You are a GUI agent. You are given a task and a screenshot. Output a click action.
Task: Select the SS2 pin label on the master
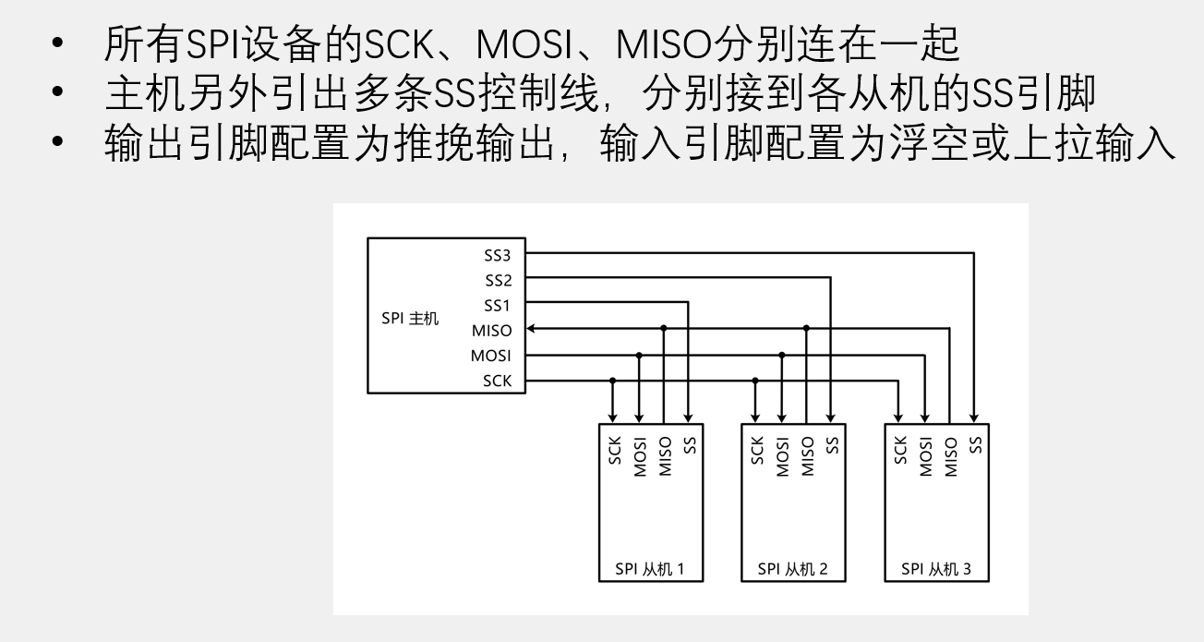coord(498,280)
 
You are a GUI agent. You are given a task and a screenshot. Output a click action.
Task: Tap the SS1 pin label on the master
coord(498,305)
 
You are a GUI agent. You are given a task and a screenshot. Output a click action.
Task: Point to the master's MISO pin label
coord(491,331)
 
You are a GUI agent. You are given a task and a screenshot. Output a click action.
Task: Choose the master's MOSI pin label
coord(491,356)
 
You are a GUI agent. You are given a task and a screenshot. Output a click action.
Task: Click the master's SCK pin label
coord(497,381)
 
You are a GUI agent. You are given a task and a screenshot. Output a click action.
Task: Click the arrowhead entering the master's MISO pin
coord(532,328)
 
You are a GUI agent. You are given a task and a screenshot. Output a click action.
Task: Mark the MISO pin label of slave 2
coord(807,455)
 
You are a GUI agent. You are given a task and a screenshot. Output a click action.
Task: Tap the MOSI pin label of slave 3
coord(925,455)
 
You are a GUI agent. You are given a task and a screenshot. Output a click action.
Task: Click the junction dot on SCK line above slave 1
coord(613,381)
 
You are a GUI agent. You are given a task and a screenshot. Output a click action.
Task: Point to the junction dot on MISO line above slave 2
coord(806,328)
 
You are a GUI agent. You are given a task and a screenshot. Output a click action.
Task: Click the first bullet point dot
coord(60,44)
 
